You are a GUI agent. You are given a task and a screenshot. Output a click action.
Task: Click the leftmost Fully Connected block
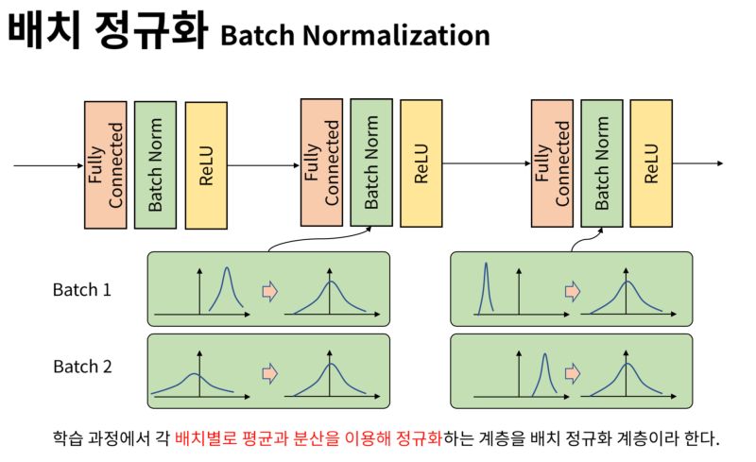tap(105, 164)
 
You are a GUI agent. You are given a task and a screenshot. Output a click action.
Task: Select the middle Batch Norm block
tap(371, 162)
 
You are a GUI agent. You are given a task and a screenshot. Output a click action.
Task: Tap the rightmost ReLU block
tap(651, 163)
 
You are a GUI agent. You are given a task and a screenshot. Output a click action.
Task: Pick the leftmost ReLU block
tap(206, 165)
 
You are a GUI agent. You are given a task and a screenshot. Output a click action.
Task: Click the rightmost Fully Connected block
tap(552, 163)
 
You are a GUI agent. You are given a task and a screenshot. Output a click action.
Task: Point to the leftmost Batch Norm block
tap(156, 164)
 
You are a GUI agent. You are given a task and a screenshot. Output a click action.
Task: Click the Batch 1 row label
tap(81, 290)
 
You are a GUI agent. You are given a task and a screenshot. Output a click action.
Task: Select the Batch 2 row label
tap(81, 367)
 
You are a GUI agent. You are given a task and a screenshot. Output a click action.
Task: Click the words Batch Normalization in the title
tap(354, 36)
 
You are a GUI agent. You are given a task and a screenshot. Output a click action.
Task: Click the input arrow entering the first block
tap(47, 166)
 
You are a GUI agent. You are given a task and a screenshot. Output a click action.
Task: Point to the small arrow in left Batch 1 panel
tap(268, 291)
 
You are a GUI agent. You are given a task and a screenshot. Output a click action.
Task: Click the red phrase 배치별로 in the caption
tap(204, 439)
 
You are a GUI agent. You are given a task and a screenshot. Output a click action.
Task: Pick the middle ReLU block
tap(421, 163)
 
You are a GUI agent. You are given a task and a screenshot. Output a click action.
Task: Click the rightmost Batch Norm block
tap(602, 163)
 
